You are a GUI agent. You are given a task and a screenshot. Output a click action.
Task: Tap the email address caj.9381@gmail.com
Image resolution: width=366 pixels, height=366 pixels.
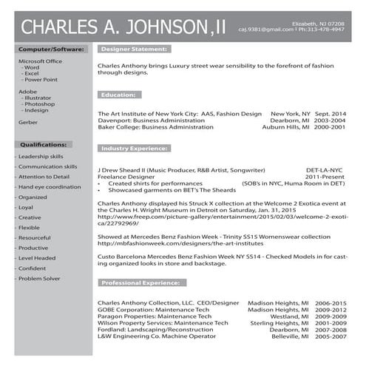click(265, 30)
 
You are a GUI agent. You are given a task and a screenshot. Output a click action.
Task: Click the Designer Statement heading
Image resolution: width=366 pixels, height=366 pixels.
click(133, 49)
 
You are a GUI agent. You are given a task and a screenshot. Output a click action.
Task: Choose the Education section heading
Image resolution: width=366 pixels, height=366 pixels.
click(118, 95)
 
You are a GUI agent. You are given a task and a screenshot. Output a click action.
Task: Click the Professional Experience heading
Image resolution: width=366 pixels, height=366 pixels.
click(142, 283)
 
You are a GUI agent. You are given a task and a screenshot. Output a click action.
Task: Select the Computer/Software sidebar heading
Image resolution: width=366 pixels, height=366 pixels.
click(52, 49)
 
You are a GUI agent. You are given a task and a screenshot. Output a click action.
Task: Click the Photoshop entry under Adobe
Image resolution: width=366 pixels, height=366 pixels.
click(40, 104)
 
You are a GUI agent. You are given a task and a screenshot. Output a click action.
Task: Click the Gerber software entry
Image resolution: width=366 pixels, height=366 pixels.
click(28, 122)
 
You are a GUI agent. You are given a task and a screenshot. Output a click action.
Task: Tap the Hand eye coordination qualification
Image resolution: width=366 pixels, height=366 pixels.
click(50, 187)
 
